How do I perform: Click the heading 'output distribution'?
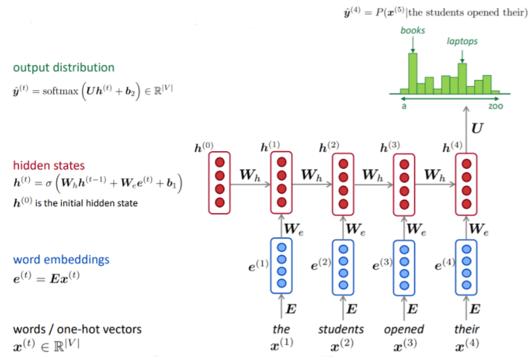pyautogui.click(x=64, y=68)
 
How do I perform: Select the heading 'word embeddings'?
pyautogui.click(x=61, y=260)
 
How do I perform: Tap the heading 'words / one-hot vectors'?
pyautogui.click(x=78, y=329)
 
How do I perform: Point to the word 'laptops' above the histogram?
pyautogui.click(x=462, y=41)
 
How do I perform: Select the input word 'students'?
pyautogui.click(x=341, y=329)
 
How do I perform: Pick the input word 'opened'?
pyautogui.click(x=404, y=329)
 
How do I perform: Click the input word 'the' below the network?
pyautogui.click(x=281, y=329)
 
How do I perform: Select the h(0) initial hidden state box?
pyautogui.click(x=219, y=182)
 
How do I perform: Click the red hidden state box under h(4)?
pyautogui.click(x=466, y=182)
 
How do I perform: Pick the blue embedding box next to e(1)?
pyautogui.click(x=281, y=266)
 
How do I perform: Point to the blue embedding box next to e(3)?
pyautogui.click(x=405, y=266)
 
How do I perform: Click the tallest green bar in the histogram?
pyautogui.click(x=412, y=74)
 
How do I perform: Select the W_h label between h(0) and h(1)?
pyautogui.click(x=250, y=175)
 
